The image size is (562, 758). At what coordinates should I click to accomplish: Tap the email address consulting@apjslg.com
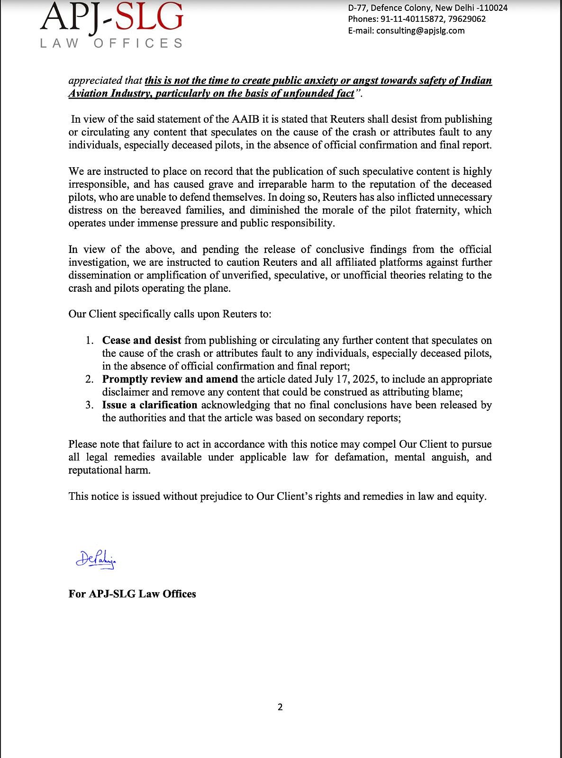tap(420, 31)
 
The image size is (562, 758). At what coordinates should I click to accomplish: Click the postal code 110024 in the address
tap(493, 8)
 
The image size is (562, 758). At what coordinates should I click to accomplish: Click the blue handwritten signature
tap(96, 560)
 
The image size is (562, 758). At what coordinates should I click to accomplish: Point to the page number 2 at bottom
tap(280, 707)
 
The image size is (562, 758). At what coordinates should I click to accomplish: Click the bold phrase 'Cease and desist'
tap(142, 340)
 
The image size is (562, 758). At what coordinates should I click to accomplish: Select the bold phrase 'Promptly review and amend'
tap(170, 379)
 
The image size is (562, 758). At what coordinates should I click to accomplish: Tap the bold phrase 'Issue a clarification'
tap(150, 405)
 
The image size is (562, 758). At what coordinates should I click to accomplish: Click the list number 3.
tap(90, 405)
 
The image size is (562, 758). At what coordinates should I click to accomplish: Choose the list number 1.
tap(90, 340)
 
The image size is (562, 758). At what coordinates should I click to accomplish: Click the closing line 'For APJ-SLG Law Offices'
tap(132, 594)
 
